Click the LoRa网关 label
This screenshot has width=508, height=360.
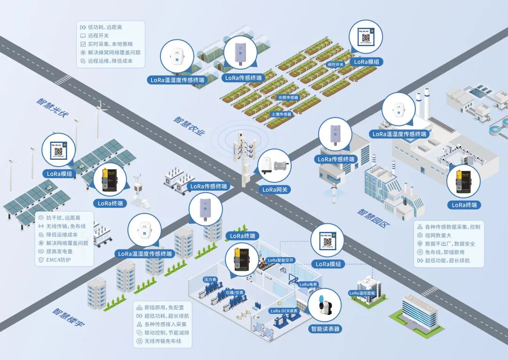(x=275, y=189)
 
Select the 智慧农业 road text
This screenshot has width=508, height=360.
(x=190, y=126)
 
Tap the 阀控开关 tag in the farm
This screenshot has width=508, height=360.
(x=335, y=64)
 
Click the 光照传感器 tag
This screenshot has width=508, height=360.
(x=287, y=98)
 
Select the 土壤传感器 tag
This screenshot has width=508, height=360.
(x=281, y=114)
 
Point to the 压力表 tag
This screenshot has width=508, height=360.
(x=209, y=279)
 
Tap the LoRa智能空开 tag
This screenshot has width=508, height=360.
(x=280, y=259)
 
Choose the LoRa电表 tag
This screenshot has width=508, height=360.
(x=309, y=284)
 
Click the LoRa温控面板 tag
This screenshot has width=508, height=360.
(x=363, y=293)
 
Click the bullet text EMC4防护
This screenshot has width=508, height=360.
(x=58, y=260)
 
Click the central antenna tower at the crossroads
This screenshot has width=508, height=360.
(x=244, y=157)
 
